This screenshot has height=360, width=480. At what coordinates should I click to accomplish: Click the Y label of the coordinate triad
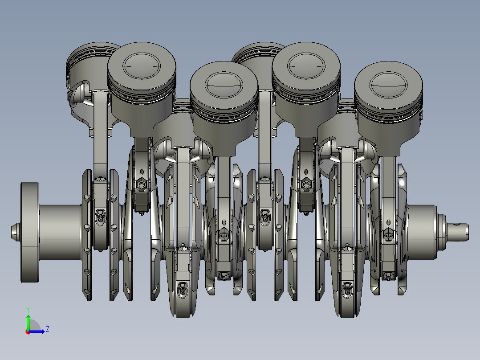pos(28,309)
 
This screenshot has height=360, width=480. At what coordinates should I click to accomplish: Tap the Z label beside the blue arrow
pos(47,329)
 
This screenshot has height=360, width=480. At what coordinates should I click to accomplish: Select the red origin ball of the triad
pos(28,331)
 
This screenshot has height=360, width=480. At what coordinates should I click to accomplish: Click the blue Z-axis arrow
pos(38,331)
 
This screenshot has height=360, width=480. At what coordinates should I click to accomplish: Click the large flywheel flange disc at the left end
pos(29,232)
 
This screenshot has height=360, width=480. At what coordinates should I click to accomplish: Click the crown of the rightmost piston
pos(389,80)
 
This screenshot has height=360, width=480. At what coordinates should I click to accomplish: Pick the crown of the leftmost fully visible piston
pos(142,65)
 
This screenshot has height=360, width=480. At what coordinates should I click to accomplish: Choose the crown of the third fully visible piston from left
pos(306,65)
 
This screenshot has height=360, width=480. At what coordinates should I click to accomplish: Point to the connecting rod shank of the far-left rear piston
pos(101,134)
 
